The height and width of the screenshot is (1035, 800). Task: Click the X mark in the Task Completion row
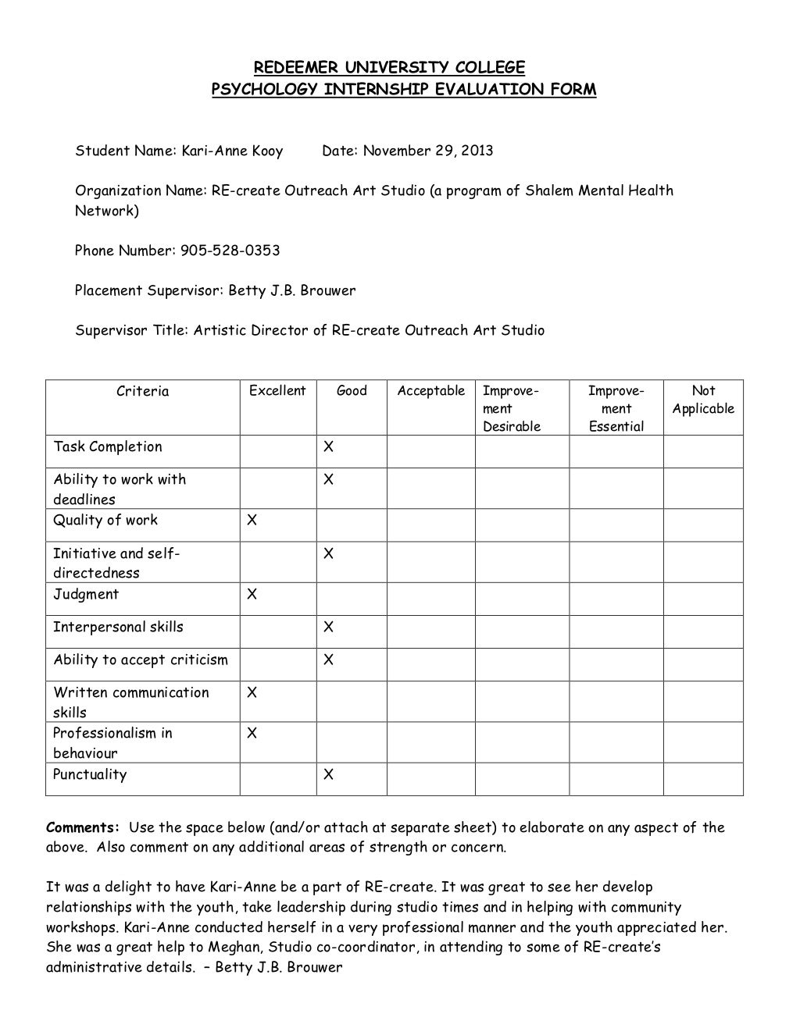328,447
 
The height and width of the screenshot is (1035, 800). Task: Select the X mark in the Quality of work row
252,521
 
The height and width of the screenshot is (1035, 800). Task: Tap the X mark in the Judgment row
252,595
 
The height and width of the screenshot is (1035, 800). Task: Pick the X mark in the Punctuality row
328,775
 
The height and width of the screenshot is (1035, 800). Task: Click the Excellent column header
277,390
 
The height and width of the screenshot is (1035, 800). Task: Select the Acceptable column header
430,390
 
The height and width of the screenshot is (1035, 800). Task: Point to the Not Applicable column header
703,400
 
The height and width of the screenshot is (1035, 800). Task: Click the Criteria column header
142,390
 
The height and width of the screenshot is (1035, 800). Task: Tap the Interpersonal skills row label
118,627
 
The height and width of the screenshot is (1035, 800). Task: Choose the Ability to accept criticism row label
141,660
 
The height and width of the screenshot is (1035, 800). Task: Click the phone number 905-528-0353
230,251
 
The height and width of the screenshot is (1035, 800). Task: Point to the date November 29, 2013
426,151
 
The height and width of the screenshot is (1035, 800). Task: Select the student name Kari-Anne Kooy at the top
233,151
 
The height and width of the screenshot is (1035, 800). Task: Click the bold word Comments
83,827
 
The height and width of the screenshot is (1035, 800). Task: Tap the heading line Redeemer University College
389,67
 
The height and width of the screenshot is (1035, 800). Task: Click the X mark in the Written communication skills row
252,692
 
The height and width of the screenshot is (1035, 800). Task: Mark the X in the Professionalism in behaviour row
252,733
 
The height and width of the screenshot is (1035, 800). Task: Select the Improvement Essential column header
616,408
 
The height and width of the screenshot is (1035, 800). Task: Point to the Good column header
352,390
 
